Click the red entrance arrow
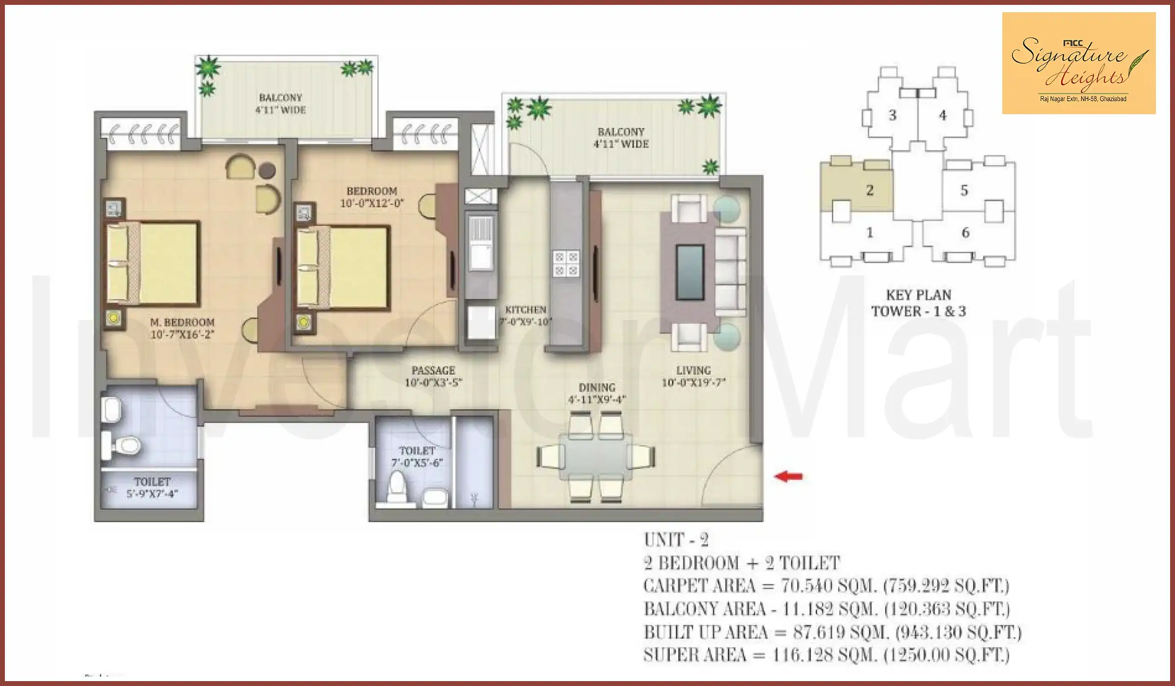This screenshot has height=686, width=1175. [x=788, y=476]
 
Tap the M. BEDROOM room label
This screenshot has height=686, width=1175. [x=182, y=322]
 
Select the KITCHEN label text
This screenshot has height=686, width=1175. [x=525, y=310]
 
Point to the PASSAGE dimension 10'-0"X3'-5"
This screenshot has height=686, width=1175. [x=433, y=383]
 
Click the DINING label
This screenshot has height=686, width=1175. [x=596, y=387]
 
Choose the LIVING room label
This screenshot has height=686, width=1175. [x=693, y=370]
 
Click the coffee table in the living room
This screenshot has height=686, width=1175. [x=690, y=272]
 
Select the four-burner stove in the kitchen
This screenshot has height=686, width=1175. [x=565, y=263]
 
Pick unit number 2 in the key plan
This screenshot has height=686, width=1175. [x=869, y=190]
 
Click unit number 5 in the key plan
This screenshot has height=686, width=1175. [x=964, y=190]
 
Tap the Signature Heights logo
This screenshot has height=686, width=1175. [x=1079, y=64]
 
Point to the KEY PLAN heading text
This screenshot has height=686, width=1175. [x=918, y=295]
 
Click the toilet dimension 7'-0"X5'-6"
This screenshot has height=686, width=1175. [x=417, y=463]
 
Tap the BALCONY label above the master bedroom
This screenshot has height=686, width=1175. [x=281, y=98]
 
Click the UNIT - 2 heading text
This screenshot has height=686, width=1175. [x=676, y=540]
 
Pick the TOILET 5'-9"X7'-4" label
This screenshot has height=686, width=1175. [x=152, y=488]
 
